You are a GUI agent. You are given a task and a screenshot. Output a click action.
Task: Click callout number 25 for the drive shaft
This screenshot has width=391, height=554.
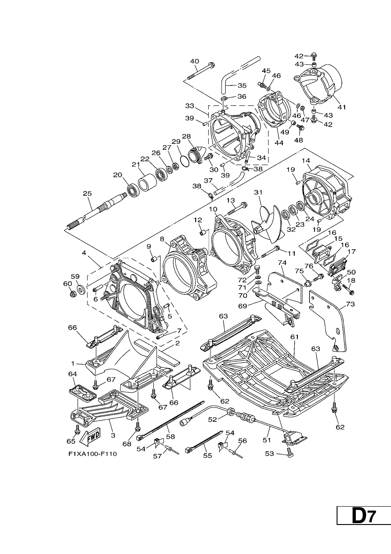coord(87,193)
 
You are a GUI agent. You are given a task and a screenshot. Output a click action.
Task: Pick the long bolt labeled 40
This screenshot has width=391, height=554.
coord(201,71)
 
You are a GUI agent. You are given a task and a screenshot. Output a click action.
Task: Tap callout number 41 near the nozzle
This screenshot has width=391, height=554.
coord(342,107)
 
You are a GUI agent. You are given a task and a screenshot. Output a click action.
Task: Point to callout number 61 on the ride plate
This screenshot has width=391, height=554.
coord(295,337)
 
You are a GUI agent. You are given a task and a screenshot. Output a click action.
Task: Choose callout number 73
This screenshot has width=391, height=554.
coord(350,304)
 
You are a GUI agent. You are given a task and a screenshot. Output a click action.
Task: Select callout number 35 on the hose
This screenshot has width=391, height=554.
coord(242,86)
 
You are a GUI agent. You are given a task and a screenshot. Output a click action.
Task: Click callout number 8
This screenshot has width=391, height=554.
coord(162,239)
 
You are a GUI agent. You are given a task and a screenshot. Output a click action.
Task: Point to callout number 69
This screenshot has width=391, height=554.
coord(243,306)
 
